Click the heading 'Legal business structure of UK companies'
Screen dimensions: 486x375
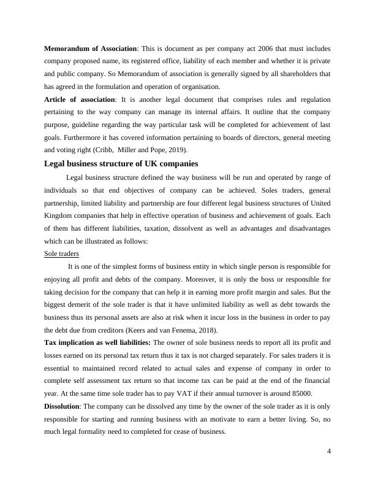pos(121,164)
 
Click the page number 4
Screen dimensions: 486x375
pos(329,452)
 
